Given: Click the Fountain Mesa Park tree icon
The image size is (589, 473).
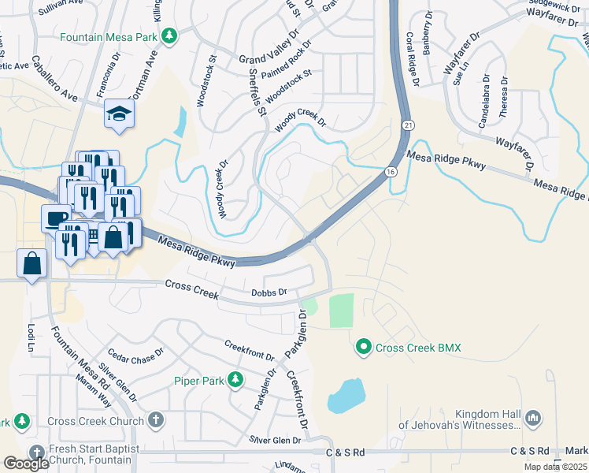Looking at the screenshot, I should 169,36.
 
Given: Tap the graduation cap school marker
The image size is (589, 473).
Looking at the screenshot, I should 120,114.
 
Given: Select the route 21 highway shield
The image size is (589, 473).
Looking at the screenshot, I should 406,125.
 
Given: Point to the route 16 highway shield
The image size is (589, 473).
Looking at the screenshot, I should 391,171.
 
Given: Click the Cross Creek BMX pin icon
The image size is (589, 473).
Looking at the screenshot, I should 364,347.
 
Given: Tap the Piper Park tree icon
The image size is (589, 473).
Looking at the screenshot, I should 235,381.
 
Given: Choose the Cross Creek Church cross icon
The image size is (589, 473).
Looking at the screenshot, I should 156,420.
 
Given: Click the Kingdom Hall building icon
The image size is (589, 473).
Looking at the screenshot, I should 532,416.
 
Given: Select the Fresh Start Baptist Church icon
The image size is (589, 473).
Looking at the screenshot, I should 36,453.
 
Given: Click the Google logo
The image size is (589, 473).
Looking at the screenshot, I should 27,464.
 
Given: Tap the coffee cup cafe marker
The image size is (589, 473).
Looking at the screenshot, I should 57,218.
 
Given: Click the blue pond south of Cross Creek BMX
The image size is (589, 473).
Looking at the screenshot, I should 345,396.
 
